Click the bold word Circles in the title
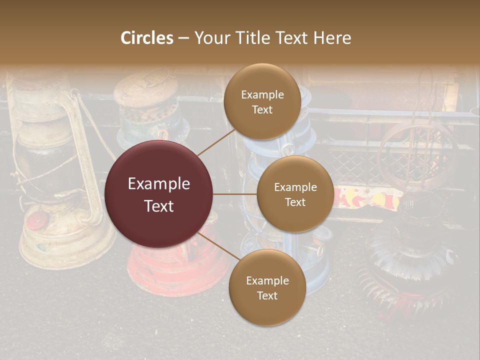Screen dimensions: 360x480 click(x=147, y=38)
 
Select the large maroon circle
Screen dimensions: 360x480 click(x=159, y=194)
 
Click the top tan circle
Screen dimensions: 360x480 click(x=262, y=101)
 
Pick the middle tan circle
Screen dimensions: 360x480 click(x=295, y=194)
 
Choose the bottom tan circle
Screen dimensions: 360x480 click(x=267, y=287)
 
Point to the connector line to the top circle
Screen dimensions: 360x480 click(x=216, y=142)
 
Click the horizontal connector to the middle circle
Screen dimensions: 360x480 click(x=235, y=194)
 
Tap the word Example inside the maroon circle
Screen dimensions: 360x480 click(x=159, y=184)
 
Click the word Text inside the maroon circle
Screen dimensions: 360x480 click(x=159, y=206)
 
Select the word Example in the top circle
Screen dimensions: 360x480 click(x=262, y=95)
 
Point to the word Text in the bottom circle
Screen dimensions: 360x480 click(x=267, y=295)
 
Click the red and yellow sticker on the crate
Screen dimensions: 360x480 click(x=368, y=198)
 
